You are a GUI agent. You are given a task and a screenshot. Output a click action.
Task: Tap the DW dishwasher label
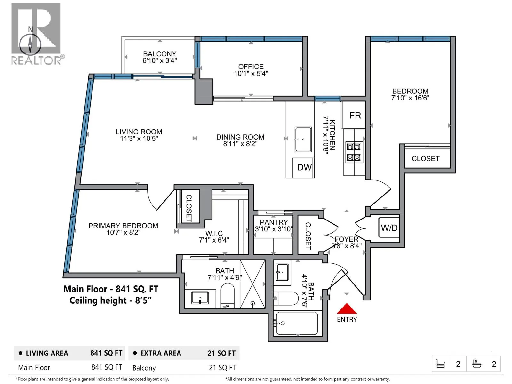(x=304, y=167)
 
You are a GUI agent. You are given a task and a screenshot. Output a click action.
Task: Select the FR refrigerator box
(x=354, y=115)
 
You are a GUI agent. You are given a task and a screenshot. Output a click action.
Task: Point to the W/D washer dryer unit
(x=389, y=228)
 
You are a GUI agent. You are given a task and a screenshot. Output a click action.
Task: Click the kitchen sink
(x=303, y=139)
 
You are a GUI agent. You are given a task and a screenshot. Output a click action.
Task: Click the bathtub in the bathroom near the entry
(x=297, y=324)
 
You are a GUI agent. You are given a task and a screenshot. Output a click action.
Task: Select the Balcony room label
(x=160, y=54)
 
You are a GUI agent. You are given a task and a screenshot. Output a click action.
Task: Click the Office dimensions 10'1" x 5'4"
(x=251, y=74)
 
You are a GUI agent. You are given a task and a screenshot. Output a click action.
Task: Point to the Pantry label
(x=274, y=222)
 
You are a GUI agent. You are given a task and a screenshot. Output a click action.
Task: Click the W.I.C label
(x=214, y=233)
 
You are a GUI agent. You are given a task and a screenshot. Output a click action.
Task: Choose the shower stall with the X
(x=252, y=284)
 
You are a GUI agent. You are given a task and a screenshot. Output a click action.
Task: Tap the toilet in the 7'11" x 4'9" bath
(x=227, y=295)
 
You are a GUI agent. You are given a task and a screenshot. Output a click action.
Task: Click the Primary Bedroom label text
(x=123, y=226)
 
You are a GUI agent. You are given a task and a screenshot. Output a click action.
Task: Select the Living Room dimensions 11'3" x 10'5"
(x=139, y=139)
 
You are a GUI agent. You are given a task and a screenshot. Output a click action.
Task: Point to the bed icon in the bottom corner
(x=441, y=364)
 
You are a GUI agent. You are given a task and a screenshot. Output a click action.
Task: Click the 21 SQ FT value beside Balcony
(x=222, y=368)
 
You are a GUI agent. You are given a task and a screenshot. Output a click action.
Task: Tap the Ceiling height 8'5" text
(x=111, y=300)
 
